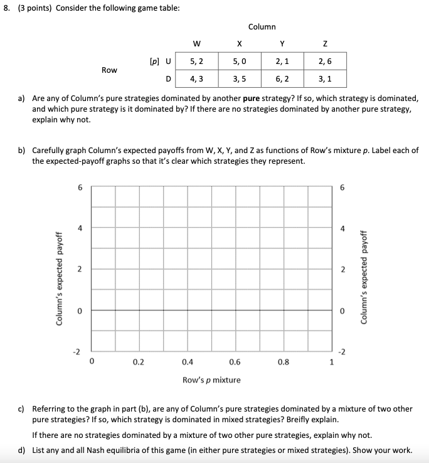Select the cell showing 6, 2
pos(282,79)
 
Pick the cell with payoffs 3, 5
pos(239,79)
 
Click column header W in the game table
pos(196,43)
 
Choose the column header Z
pos(325,43)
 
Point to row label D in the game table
pos(167,79)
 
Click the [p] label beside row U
pos(153,61)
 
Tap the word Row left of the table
pos(109,70)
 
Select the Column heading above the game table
pos(262,26)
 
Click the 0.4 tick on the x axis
pos(188,361)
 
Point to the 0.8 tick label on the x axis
pos(283,361)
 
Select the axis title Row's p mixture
pos(211,380)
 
